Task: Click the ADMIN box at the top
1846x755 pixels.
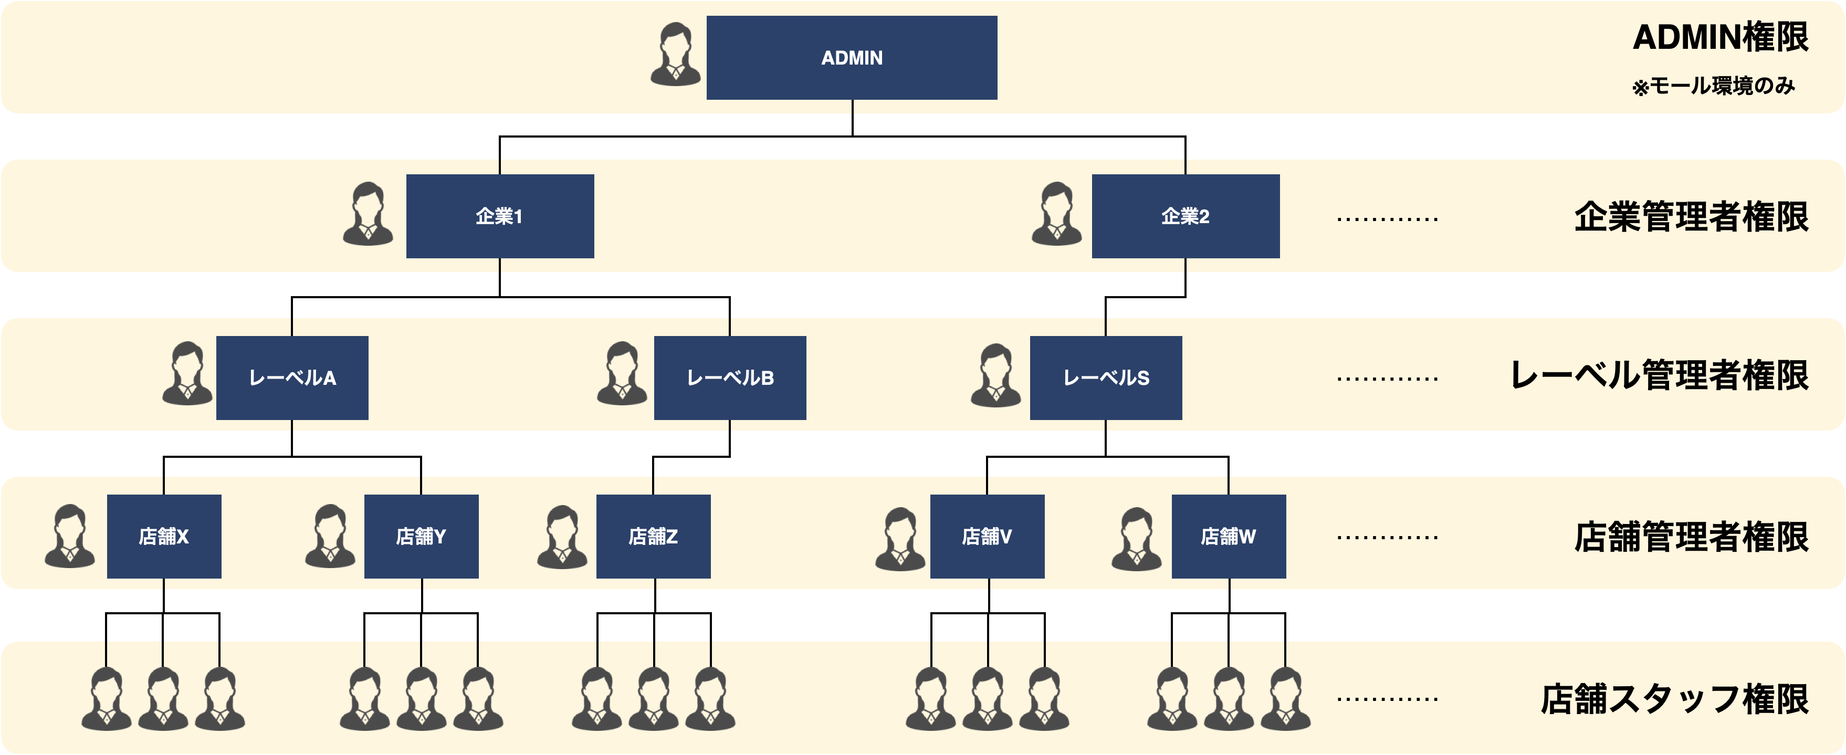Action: coord(852,57)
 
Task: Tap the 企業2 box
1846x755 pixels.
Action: coord(1186,216)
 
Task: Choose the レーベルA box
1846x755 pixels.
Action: coord(292,377)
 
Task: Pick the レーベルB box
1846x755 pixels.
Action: coord(730,377)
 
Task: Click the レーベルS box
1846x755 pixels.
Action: coord(1106,377)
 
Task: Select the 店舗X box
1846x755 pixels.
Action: coord(164,536)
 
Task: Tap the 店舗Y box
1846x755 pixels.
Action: coord(422,536)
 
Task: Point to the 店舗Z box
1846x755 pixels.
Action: coord(654,536)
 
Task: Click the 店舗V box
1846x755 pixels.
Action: coord(988,536)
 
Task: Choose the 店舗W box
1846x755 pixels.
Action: coord(1229,536)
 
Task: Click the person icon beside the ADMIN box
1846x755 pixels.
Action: coord(676,55)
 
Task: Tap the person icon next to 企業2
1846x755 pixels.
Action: coord(1057,214)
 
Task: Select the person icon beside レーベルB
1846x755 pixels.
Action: coord(622,373)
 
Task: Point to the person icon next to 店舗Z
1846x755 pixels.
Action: coord(562,537)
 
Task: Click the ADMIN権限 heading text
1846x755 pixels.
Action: coord(1721,37)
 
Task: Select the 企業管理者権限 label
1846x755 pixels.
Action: coord(1691,216)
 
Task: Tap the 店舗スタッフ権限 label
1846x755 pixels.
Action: coord(1675,699)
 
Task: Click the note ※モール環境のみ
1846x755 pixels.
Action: coord(1713,86)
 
